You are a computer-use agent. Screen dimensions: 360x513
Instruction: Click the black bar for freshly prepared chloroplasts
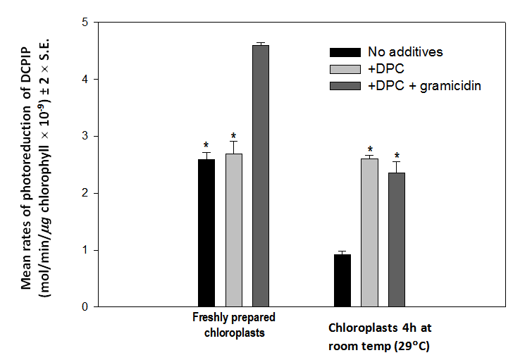click(x=206, y=232)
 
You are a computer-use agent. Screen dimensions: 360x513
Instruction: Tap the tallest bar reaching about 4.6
click(x=261, y=175)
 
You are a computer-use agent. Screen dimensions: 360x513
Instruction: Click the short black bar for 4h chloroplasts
click(x=342, y=280)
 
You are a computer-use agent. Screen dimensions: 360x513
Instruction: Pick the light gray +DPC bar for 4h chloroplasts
click(x=369, y=232)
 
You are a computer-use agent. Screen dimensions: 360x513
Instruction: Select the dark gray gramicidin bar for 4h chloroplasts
click(x=397, y=240)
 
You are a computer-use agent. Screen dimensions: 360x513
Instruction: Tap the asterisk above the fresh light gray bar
click(x=233, y=136)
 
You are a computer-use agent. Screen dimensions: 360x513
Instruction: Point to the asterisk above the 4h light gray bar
click(x=369, y=149)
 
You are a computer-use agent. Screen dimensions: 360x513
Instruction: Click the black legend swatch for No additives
click(x=345, y=51)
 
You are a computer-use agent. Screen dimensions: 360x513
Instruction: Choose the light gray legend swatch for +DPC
click(x=345, y=68)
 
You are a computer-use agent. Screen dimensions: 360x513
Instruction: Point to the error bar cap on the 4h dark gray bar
click(x=397, y=162)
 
